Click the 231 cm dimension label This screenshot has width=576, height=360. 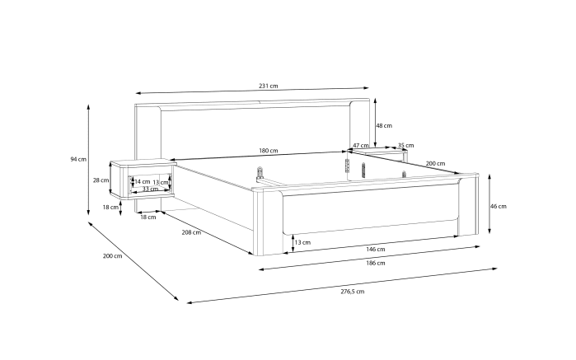click(x=268, y=86)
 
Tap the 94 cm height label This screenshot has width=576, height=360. click(x=78, y=159)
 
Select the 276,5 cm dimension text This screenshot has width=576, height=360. click(x=353, y=292)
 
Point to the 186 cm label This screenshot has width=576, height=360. click(x=376, y=263)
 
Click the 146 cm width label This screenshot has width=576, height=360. click(x=376, y=249)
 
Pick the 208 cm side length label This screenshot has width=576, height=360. click(x=191, y=232)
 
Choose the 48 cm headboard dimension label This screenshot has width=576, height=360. click(x=384, y=126)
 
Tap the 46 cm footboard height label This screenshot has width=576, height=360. click(x=499, y=207)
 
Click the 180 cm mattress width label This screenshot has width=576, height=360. click(x=269, y=151)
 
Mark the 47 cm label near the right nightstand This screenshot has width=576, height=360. click(x=361, y=146)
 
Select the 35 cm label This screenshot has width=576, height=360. click(x=405, y=146)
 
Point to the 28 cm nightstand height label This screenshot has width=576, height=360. click(x=101, y=180)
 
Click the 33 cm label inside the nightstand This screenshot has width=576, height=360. click(x=150, y=189)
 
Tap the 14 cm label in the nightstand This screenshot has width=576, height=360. click(x=143, y=181)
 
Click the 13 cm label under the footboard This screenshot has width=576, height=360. click(x=302, y=242)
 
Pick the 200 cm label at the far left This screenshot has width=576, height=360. click(x=112, y=256)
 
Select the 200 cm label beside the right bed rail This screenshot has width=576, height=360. click(x=435, y=163)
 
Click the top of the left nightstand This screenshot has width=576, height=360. click(x=143, y=162)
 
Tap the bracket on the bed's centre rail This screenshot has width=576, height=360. click(x=260, y=173)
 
